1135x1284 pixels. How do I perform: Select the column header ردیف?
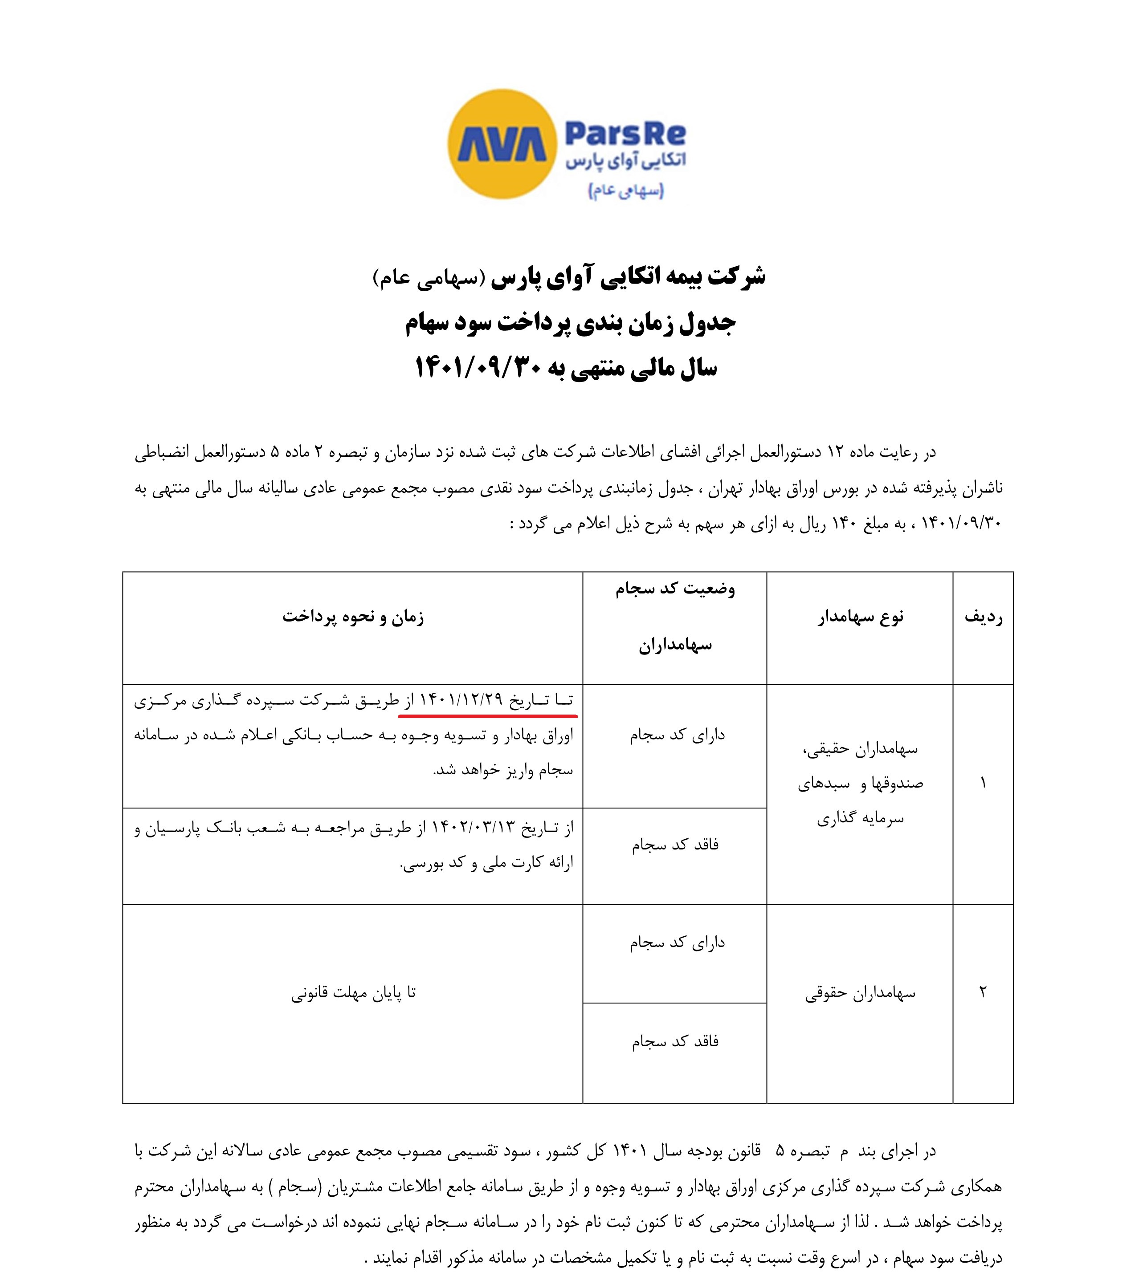983,617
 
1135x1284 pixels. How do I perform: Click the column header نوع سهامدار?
860,617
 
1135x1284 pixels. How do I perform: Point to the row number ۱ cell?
983,783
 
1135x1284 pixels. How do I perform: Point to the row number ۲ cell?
983,992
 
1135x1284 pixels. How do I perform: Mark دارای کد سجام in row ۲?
677,942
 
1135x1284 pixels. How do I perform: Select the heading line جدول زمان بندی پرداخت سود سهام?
570,323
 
